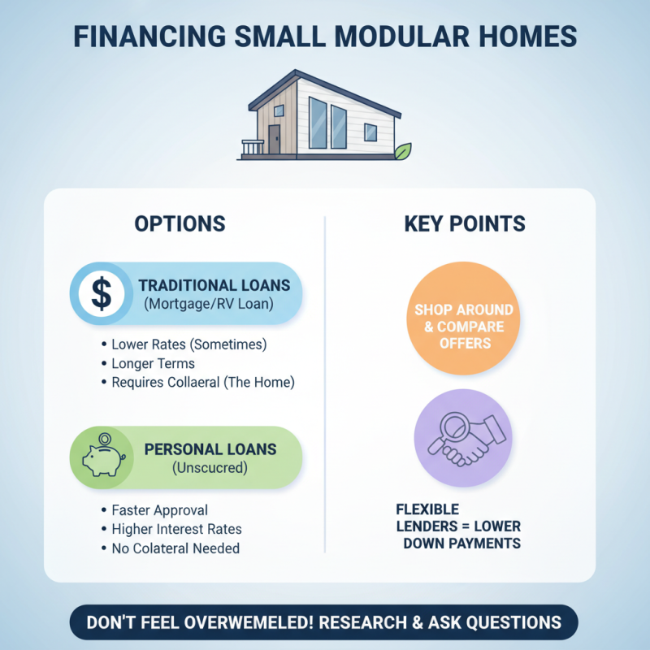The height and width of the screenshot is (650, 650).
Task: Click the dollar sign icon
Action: (102, 293)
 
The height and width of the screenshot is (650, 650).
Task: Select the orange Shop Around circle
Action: (464, 326)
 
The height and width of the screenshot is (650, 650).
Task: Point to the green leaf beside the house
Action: (401, 152)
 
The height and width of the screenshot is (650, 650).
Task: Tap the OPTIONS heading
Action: (180, 224)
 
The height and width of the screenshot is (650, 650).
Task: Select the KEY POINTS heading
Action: (465, 224)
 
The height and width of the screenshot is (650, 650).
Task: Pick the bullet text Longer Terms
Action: (153, 363)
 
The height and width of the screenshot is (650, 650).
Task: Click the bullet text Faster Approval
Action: (159, 510)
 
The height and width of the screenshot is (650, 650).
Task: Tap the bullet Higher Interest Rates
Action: (176, 529)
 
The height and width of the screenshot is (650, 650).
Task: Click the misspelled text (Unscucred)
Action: (210, 469)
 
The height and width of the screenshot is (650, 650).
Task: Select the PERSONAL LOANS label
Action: (210, 449)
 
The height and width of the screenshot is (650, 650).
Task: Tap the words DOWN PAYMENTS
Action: (461, 543)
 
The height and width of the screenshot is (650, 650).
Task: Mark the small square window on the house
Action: (370, 132)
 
